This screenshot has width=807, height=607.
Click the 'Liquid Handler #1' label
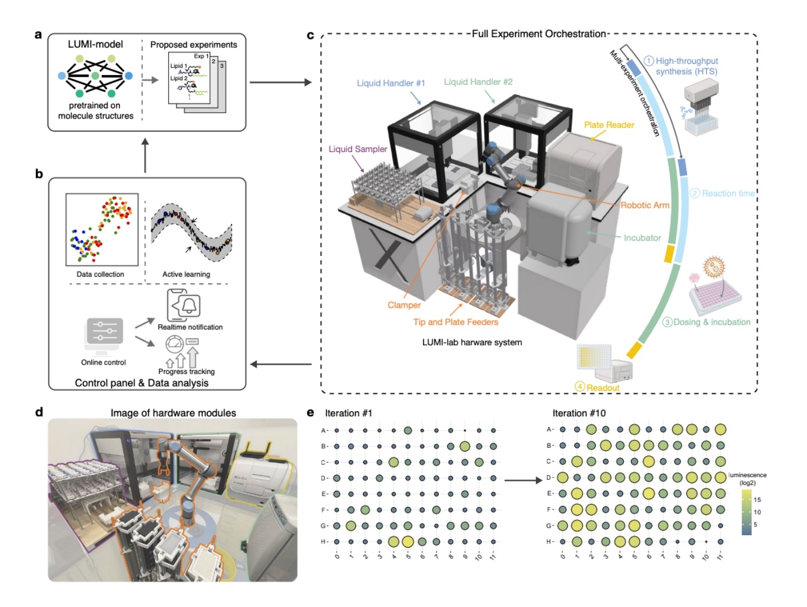391,83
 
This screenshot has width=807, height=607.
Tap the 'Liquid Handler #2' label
478,82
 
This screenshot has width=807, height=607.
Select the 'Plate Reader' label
609,125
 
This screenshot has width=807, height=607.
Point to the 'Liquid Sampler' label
358,149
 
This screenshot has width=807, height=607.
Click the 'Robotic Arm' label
644,205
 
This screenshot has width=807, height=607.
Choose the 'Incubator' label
642,238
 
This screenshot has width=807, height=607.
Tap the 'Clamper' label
404,305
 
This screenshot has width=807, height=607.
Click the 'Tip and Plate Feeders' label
456,322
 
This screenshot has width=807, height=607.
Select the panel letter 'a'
38,35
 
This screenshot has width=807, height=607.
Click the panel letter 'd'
39,412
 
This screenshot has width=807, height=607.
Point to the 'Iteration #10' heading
579,413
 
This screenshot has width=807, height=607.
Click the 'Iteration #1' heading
348,413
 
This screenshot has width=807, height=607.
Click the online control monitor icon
104,335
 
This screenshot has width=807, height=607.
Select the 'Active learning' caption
186,274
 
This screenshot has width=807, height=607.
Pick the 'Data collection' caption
100,274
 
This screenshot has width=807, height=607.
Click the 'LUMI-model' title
95,44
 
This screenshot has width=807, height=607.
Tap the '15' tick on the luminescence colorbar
757,500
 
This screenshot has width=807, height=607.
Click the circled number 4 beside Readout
580,387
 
